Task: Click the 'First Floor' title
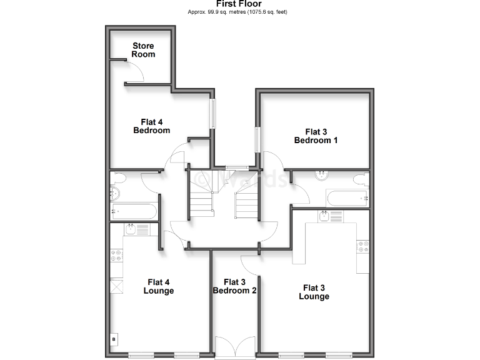coord(240,4)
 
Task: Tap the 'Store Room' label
coord(143,50)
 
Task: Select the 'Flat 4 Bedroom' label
coord(151,126)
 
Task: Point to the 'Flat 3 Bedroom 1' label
coord(316,136)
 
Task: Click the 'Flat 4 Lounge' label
coord(158,286)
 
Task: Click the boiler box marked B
coord(114,339)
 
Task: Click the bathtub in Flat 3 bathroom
coord(347,199)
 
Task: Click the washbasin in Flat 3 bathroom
coord(322,175)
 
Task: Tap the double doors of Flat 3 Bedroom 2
coord(234,346)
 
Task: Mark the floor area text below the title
coord(240,12)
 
